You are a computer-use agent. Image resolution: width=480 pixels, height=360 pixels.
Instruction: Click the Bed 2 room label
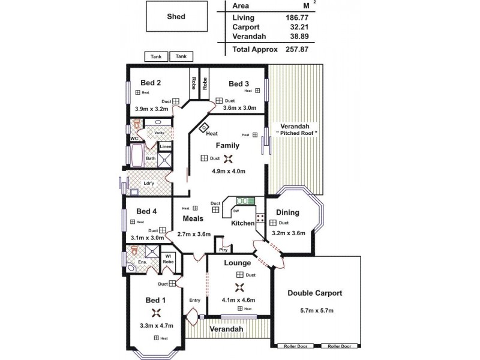pos(151,83)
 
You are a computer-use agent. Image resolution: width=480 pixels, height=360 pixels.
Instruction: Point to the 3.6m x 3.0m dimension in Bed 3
pos(239,108)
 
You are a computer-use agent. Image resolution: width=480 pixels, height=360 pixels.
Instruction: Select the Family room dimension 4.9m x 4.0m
pos(229,172)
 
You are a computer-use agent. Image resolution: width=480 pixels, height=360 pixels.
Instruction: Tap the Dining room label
pos(287,212)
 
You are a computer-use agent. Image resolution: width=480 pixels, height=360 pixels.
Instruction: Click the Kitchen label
pos(243,223)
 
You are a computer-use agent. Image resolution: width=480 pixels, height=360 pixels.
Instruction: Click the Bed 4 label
pos(146,211)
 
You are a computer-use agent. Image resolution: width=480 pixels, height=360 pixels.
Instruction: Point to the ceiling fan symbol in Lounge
pos(239,287)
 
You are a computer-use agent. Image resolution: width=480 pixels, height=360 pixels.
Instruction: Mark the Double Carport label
pos(315,293)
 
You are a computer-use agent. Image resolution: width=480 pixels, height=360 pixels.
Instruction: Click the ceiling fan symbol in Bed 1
pos(156,312)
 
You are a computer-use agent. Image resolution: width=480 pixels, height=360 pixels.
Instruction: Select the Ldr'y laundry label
pos(149,184)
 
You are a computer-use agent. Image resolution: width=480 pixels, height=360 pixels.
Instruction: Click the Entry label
pos(194,300)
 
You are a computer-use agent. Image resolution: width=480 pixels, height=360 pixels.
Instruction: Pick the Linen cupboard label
pos(165,146)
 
